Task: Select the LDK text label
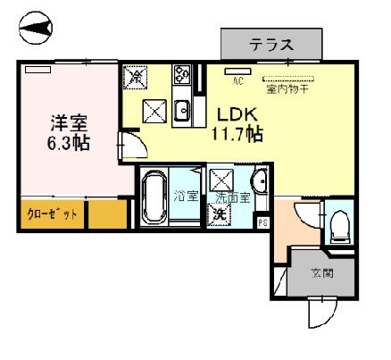[x=236, y=114]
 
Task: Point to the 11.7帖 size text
[x=236, y=134]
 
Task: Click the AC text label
[x=238, y=81]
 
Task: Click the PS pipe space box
[x=262, y=223]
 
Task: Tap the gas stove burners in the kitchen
[x=182, y=75]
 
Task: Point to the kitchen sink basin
[x=181, y=112]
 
